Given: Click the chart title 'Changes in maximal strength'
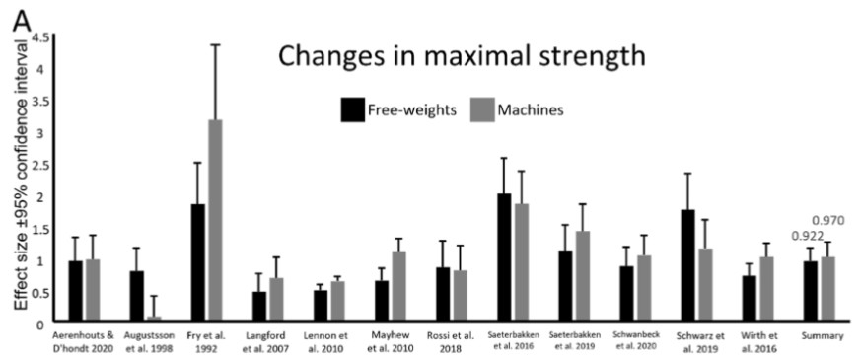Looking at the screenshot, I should (x=462, y=56).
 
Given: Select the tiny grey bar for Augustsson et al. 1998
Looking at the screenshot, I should (x=154, y=319).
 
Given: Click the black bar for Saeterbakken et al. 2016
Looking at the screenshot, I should (x=504, y=257).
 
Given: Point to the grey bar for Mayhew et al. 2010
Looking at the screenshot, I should (x=399, y=287).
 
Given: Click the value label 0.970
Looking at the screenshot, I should (x=829, y=220).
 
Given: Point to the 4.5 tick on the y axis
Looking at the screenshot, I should (x=40, y=37).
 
